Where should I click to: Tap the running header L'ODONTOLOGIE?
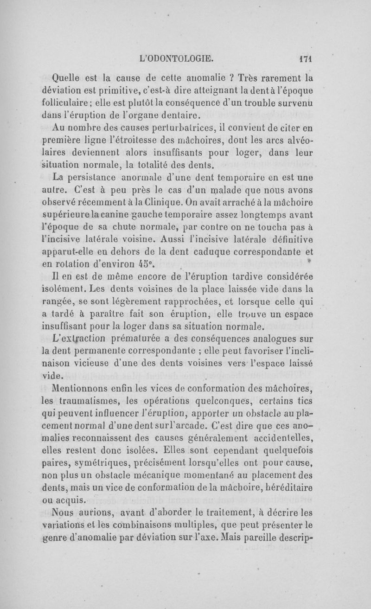pyautogui.click(x=179, y=59)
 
